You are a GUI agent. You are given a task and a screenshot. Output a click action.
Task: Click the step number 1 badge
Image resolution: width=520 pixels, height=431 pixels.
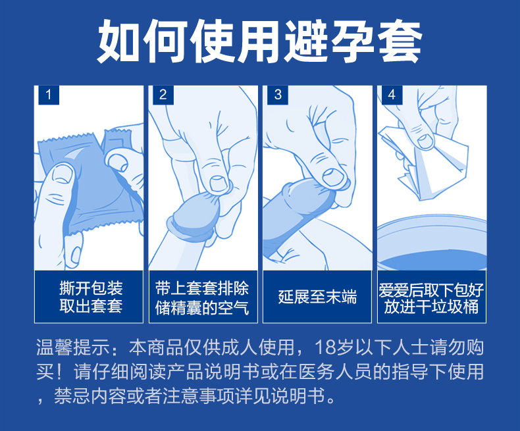coord(49,95)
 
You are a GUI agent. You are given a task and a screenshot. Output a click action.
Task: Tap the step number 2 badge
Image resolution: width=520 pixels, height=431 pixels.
coord(163,95)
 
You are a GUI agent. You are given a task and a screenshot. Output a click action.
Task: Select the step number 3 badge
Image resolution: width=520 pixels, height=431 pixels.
coord(278,95)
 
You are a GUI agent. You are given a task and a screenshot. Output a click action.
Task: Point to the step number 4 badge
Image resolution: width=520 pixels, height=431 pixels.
coord(392,95)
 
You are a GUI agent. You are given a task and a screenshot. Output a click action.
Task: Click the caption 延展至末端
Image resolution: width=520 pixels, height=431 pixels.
coord(317,296)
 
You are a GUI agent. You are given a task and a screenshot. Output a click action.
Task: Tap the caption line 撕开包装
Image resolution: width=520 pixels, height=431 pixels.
coord(91,288)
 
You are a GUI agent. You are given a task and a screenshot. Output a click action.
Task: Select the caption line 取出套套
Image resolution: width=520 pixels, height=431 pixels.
coord(91,306)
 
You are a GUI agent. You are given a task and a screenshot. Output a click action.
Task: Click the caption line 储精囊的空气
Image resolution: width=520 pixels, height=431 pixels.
coord(202,307)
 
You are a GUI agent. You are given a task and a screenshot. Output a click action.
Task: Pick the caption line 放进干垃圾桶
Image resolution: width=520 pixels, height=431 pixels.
coord(431,307)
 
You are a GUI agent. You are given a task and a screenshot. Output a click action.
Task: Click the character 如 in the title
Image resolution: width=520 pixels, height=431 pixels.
coord(118,41)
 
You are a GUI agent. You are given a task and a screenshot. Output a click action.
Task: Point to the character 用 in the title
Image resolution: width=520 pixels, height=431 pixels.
coord(258,41)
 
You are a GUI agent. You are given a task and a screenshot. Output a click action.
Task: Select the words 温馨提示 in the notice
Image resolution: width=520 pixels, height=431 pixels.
coord(73,347)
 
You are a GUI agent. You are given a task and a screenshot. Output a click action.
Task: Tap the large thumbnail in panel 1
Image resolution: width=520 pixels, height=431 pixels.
coord(63,175)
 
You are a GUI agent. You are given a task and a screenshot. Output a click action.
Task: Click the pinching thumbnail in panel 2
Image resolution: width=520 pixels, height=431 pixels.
coord(219,184)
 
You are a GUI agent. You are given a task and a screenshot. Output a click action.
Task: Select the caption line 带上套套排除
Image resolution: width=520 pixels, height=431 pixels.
coord(202,288)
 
